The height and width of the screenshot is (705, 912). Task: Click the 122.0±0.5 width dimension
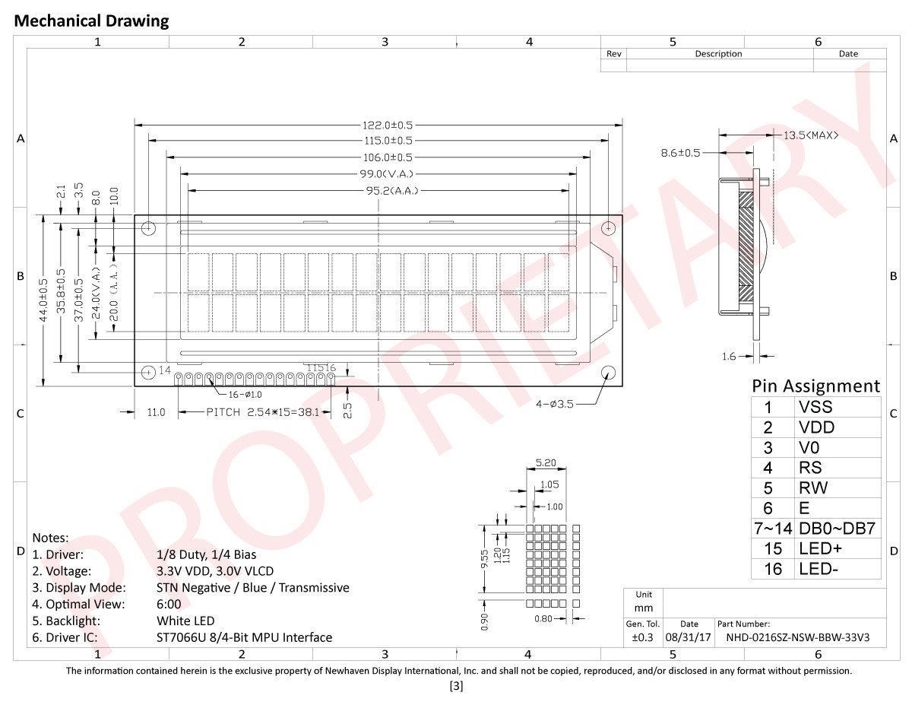[x=388, y=125]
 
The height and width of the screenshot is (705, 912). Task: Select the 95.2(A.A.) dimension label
[x=392, y=191]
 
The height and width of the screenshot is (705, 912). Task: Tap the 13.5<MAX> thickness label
[x=811, y=135]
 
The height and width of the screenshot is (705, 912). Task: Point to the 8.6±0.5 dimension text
[x=680, y=153]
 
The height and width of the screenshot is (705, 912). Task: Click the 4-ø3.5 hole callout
[x=554, y=404]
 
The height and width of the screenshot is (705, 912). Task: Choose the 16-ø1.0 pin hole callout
[x=245, y=395]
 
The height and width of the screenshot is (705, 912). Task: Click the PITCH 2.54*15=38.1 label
[x=263, y=412]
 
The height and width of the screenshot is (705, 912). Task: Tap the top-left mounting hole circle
[x=148, y=228]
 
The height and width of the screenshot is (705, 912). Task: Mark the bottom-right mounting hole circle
[x=608, y=373]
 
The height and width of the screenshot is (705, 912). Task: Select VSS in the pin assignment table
[x=815, y=407]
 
